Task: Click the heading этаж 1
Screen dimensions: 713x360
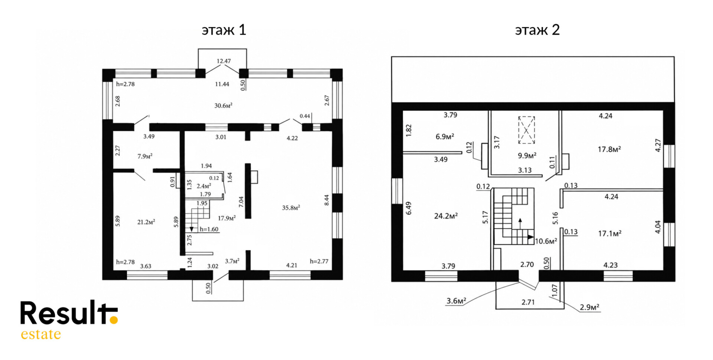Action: click(224, 30)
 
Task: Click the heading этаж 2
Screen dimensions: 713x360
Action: click(537, 30)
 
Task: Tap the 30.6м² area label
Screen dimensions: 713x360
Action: click(223, 106)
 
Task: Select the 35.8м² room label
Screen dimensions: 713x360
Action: click(291, 208)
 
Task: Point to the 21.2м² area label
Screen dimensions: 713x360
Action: click(146, 222)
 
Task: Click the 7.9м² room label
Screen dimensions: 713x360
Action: click(145, 156)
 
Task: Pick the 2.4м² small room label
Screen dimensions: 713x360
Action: click(204, 186)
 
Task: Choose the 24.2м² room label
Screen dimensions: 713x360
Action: click(446, 216)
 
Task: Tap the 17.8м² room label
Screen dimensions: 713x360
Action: click(609, 149)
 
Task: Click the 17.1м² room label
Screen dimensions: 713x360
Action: click(610, 233)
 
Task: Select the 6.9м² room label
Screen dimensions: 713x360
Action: click(445, 137)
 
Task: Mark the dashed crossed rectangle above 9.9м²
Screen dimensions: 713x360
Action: click(526, 130)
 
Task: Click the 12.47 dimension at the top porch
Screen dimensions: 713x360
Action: click(223, 61)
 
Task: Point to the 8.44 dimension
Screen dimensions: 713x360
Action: click(327, 200)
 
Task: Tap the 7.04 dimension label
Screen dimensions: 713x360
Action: click(241, 202)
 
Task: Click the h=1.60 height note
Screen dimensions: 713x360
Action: click(209, 229)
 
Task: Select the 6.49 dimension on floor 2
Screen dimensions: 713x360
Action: click(409, 208)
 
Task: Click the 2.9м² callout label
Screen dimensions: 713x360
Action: click(590, 307)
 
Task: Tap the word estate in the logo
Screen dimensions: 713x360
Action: click(41, 334)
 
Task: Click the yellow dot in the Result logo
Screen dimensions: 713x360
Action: click(114, 320)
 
